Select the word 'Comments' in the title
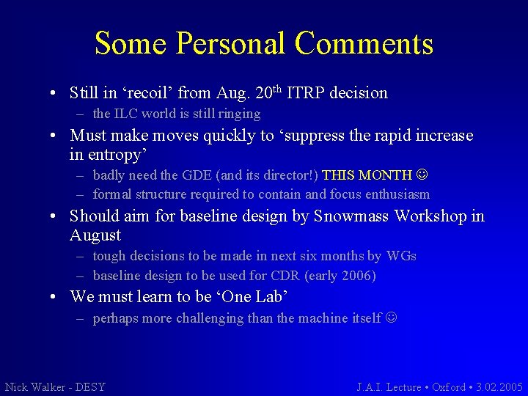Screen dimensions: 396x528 tap(364, 43)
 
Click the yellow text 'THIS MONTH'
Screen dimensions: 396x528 tap(367, 175)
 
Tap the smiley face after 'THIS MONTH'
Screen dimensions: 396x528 tap(421, 175)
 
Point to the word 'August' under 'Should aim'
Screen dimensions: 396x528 tap(95, 235)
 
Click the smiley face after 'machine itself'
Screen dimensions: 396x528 tap(390, 318)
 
